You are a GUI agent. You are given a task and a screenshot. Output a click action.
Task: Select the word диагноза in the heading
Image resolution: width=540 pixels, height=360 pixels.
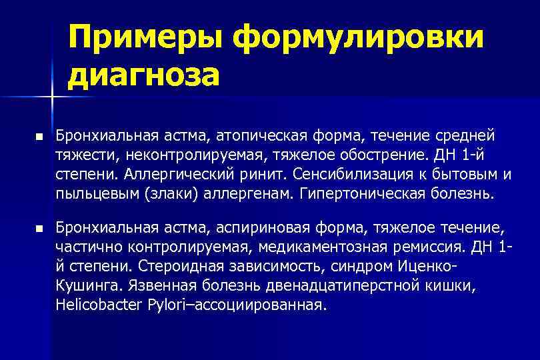pos(143,75)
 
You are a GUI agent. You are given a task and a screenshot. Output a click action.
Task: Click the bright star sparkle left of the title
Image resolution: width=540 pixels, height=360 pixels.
pos(52,98)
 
